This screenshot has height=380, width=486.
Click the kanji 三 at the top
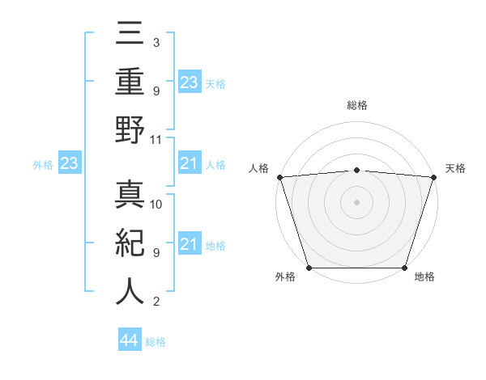point(130,36)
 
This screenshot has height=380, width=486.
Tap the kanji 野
point(130,132)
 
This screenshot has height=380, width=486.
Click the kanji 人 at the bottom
point(130,292)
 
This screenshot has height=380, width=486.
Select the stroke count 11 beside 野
point(156,139)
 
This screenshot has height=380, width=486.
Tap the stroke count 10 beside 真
point(156,204)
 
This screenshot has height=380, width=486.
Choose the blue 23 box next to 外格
point(70,164)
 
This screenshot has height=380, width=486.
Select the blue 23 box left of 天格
point(190,82)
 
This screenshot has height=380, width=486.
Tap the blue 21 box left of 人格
point(190,164)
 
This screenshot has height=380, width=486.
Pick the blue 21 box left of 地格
point(190,244)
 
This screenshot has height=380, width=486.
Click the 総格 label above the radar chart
point(356,105)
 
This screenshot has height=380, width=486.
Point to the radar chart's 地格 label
point(424,277)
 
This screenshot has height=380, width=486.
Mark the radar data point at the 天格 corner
point(434,176)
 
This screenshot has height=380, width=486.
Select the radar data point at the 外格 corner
point(309,268)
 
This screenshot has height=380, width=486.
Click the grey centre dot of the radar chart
point(356,202)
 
